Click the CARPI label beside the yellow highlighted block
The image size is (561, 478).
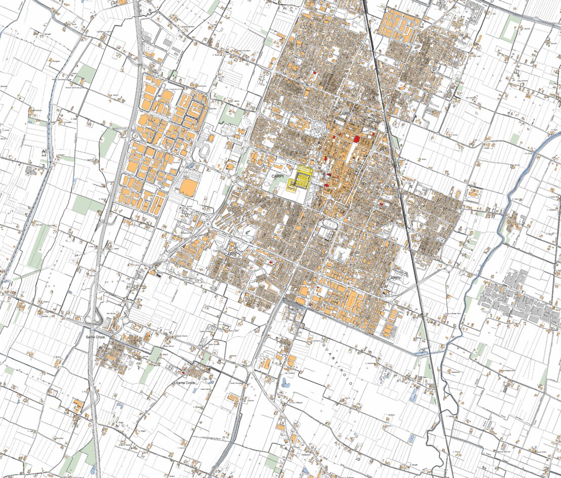(277, 176)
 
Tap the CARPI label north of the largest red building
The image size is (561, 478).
(344, 115)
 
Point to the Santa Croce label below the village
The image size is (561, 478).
(185, 383)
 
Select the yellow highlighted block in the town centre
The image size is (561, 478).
(301, 178)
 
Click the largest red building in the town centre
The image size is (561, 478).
(357, 138)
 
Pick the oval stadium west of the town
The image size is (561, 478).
(205, 151)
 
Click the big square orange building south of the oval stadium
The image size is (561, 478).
(188, 187)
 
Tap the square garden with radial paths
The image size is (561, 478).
(317, 128)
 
